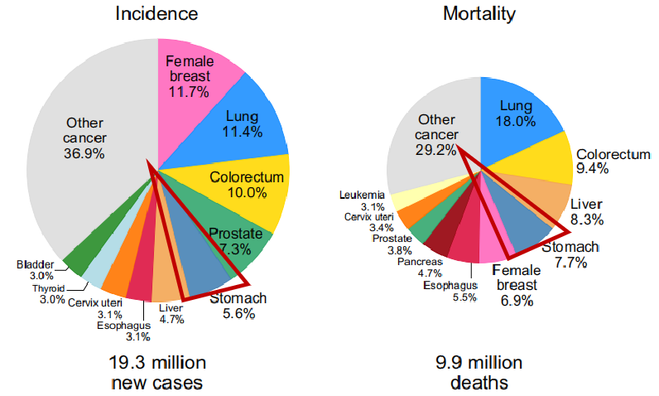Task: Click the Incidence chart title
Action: coord(156,14)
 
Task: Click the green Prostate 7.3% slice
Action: coord(241,239)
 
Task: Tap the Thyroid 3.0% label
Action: coord(49,293)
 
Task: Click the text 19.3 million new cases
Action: coord(156,372)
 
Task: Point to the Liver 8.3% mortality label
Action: coord(588,212)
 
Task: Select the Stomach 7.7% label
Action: coord(570,254)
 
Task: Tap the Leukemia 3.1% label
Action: coord(361,200)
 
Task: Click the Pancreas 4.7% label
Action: coord(418,268)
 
